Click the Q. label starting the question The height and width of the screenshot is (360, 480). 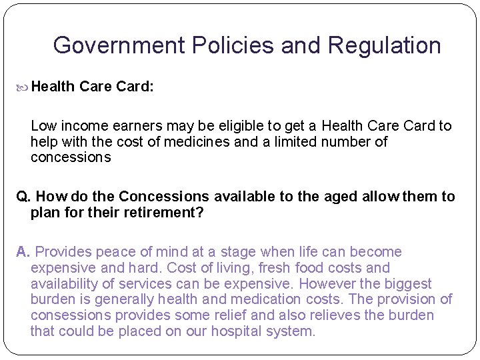pos(23,197)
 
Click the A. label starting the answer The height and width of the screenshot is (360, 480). pos(23,252)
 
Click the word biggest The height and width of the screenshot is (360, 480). pos(408,284)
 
